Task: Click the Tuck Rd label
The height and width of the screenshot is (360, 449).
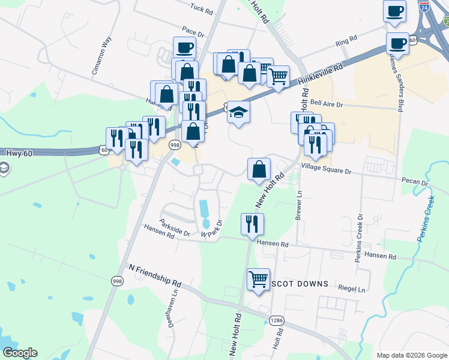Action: (x=201, y=11)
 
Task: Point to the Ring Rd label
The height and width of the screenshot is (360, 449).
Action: (x=346, y=42)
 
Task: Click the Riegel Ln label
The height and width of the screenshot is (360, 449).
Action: (x=352, y=289)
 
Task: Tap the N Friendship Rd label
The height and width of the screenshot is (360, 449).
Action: (x=155, y=275)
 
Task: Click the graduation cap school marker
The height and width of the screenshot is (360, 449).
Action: (x=239, y=112)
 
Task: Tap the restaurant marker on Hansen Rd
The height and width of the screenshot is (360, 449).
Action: (x=252, y=224)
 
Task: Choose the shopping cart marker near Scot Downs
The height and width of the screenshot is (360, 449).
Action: (x=258, y=278)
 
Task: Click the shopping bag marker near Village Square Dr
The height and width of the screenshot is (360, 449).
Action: (x=259, y=169)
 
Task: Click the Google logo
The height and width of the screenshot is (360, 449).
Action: (x=20, y=353)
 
